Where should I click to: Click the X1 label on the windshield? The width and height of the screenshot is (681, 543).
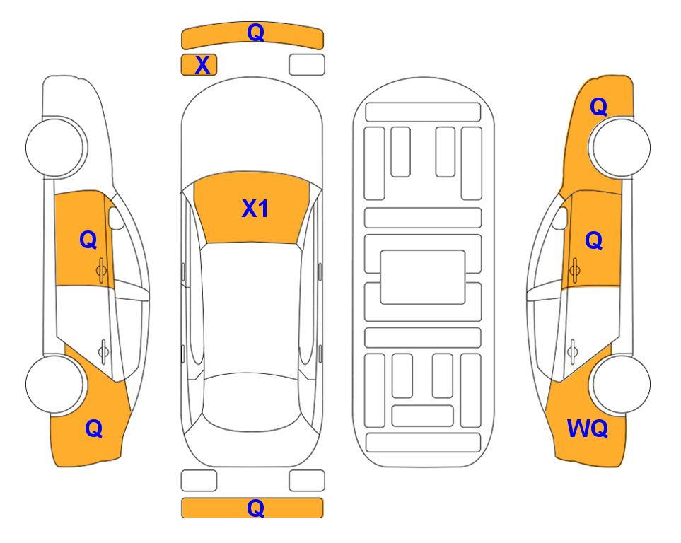[x=255, y=209]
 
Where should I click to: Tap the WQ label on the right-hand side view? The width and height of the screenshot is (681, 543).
[x=587, y=428]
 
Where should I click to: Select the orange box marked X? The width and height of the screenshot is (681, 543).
[x=199, y=65]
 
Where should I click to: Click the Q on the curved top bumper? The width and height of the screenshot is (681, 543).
[x=255, y=33]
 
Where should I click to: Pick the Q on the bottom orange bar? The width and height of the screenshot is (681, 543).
[x=255, y=508]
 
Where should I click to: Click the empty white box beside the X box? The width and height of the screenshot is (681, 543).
[x=307, y=65]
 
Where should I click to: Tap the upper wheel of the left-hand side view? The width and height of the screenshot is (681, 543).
[x=55, y=147]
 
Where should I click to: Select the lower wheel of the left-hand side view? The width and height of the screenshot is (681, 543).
[x=55, y=384]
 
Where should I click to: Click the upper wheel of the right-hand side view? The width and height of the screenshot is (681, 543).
[x=622, y=147]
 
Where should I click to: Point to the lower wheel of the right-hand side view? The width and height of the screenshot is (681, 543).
[x=622, y=384]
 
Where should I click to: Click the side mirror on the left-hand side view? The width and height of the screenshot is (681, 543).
[x=116, y=218]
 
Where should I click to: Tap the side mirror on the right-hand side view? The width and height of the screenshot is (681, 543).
[x=560, y=218]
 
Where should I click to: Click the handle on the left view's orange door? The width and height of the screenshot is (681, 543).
[x=101, y=270]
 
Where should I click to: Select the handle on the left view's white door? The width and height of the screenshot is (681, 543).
[x=103, y=351]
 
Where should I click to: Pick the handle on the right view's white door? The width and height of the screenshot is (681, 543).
[x=573, y=351]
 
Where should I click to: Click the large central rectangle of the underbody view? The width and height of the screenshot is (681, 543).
[x=423, y=277]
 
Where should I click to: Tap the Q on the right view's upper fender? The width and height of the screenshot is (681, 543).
[x=598, y=107]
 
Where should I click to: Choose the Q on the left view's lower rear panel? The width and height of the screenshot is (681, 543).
[x=94, y=428]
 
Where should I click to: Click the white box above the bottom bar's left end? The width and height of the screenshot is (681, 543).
[x=199, y=481]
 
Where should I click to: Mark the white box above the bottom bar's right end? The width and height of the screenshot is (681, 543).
[x=307, y=481]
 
